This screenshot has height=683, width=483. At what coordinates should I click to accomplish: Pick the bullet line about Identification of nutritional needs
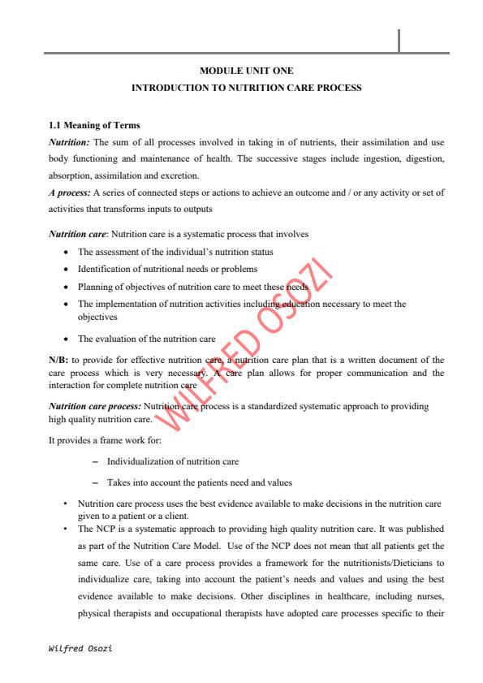(167, 269)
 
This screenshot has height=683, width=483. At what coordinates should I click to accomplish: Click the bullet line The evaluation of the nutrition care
(146, 338)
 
